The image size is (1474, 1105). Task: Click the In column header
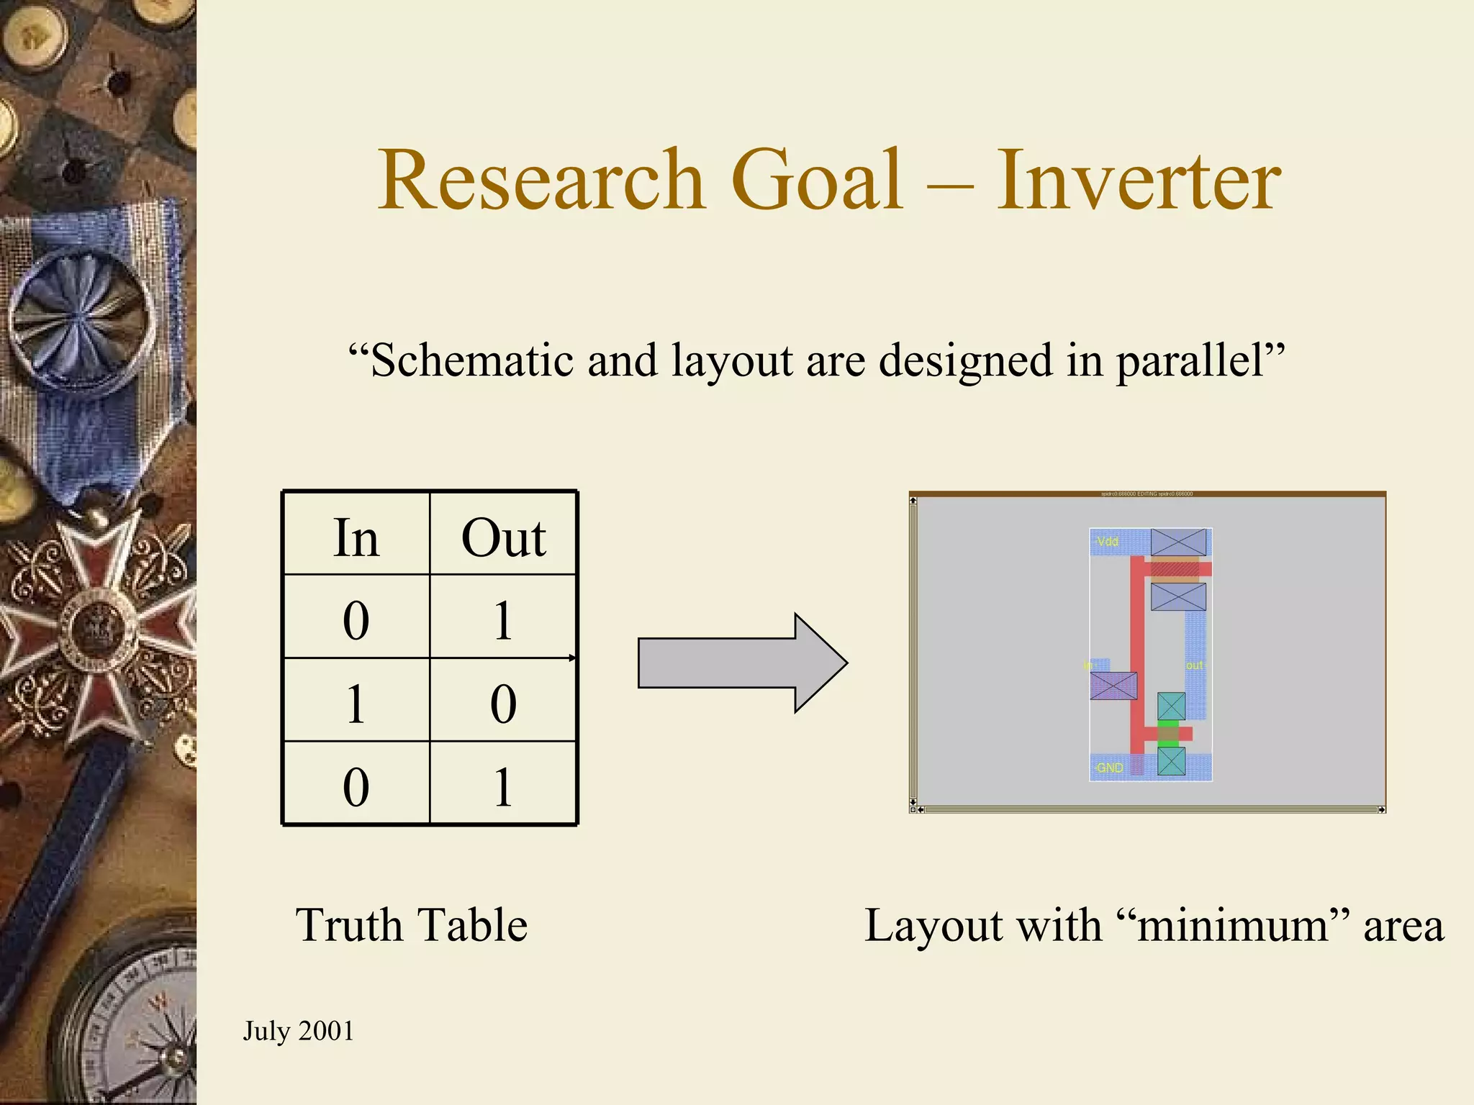pyautogui.click(x=356, y=537)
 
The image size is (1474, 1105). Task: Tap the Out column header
pyautogui.click(x=503, y=537)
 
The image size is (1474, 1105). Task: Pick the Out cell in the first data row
pyautogui.click(x=503, y=620)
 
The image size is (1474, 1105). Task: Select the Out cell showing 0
pyautogui.click(x=503, y=704)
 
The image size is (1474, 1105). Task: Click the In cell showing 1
pyautogui.click(x=356, y=704)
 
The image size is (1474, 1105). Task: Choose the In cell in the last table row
pyautogui.click(x=356, y=786)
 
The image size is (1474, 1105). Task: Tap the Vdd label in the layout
pyautogui.click(x=1108, y=542)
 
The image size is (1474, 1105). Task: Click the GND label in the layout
pyautogui.click(x=1109, y=768)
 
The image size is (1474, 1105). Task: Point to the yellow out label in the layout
pyautogui.click(x=1194, y=665)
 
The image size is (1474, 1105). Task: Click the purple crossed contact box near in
pyautogui.click(x=1113, y=686)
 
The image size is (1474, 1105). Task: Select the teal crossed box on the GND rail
pyautogui.click(x=1171, y=761)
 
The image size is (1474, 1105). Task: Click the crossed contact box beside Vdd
pyautogui.click(x=1178, y=542)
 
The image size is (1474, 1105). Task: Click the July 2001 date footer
pyautogui.click(x=298, y=1031)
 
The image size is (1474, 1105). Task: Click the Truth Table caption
pyautogui.click(x=411, y=925)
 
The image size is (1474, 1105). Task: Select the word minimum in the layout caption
pyautogui.click(x=1232, y=925)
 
